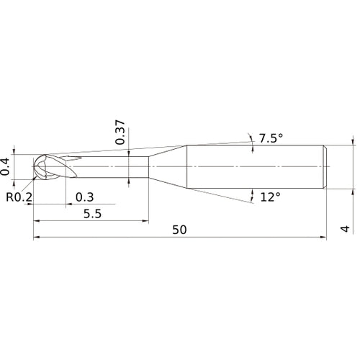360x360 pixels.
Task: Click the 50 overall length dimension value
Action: click(x=179, y=230)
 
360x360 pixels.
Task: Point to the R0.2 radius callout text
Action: click(x=19, y=197)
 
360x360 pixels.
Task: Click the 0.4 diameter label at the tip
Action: click(x=6, y=166)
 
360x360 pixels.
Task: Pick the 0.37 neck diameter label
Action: click(x=120, y=132)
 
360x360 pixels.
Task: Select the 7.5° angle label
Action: click(x=271, y=138)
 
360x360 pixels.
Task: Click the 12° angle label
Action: click(x=269, y=197)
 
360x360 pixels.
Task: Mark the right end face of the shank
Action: click(x=328, y=167)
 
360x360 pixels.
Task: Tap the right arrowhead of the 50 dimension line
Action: click(x=325, y=236)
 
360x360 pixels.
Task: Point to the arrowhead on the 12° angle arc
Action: click(x=253, y=193)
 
